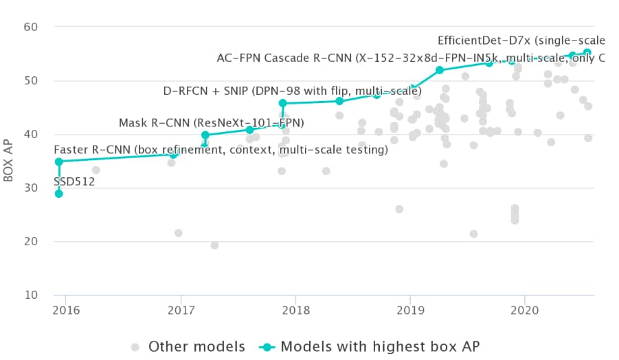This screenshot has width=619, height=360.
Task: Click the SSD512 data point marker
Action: (59, 194)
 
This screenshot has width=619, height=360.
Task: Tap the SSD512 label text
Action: (74, 182)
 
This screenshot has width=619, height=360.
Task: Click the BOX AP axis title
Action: (9, 161)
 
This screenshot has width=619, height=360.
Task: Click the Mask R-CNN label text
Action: (212, 123)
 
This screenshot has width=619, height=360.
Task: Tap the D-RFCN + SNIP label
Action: (292, 91)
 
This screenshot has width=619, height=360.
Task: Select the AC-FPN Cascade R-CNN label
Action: (410, 58)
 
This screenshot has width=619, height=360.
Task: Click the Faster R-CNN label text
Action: (221, 149)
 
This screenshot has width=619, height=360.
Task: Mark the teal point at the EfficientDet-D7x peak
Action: (587, 52)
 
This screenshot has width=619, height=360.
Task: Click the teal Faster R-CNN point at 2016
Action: (59, 161)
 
